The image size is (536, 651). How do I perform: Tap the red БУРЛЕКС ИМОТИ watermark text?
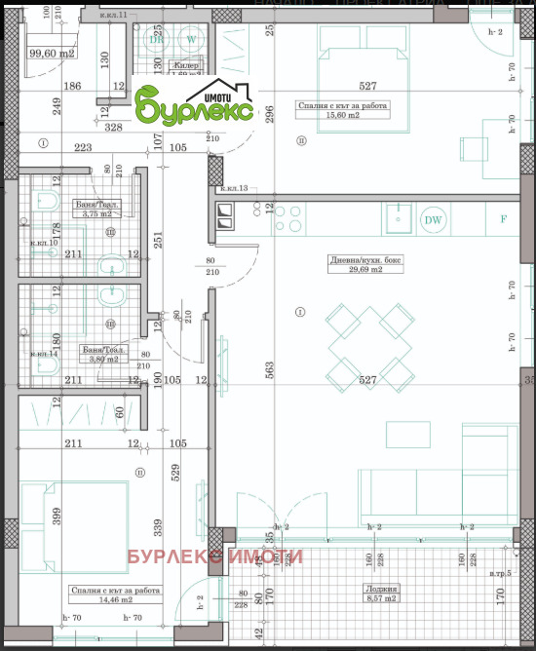tap(215, 557)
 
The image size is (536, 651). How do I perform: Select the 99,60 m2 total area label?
tap(52, 55)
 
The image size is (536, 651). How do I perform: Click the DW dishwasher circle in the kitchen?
tap(433, 219)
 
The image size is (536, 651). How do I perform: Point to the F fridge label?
tap(503, 219)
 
